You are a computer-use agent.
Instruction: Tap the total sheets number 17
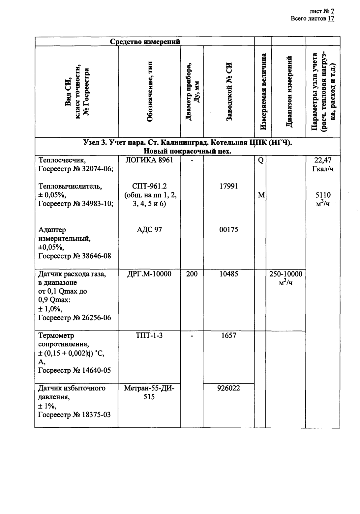[331, 18]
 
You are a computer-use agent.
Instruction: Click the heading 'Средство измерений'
[145, 42]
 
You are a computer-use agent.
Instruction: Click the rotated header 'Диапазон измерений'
[289, 91]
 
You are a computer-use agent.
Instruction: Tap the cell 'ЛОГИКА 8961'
[149, 160]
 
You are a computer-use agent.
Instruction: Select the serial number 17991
[228, 186]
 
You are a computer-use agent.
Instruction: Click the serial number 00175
[228, 230]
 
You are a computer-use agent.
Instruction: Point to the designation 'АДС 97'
[149, 230]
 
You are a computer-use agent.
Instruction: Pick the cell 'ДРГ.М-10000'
[149, 274]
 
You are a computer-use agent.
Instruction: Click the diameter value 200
[192, 274]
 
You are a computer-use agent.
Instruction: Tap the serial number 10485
[228, 274]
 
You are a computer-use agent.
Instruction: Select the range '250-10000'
[286, 274]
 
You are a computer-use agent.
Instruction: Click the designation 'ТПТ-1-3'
[149, 336]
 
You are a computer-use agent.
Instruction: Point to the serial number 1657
[228, 336]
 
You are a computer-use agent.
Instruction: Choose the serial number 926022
[228, 388]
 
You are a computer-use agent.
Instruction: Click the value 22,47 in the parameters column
[323, 160]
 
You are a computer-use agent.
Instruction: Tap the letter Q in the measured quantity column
[260, 161]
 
